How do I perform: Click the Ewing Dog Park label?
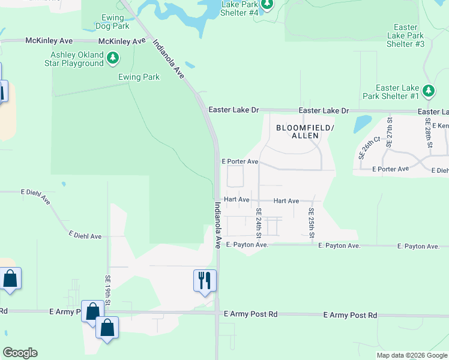(x=112, y=22)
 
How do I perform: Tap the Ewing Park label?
(x=139, y=77)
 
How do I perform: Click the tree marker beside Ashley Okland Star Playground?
(x=113, y=58)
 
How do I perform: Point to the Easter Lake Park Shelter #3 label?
(x=406, y=35)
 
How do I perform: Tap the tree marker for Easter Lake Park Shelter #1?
(x=428, y=91)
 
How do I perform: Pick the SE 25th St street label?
(x=312, y=223)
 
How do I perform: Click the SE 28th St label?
(x=430, y=137)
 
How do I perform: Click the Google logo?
(x=20, y=353)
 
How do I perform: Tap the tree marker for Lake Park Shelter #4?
(x=267, y=5)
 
